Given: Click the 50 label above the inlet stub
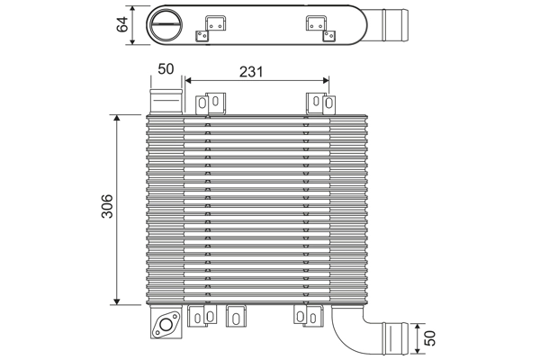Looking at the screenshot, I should (x=166, y=69).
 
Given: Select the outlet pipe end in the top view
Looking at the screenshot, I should (x=396, y=22).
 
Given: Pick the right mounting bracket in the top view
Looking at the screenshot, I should (x=318, y=26).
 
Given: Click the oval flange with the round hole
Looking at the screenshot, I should (x=166, y=326).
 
